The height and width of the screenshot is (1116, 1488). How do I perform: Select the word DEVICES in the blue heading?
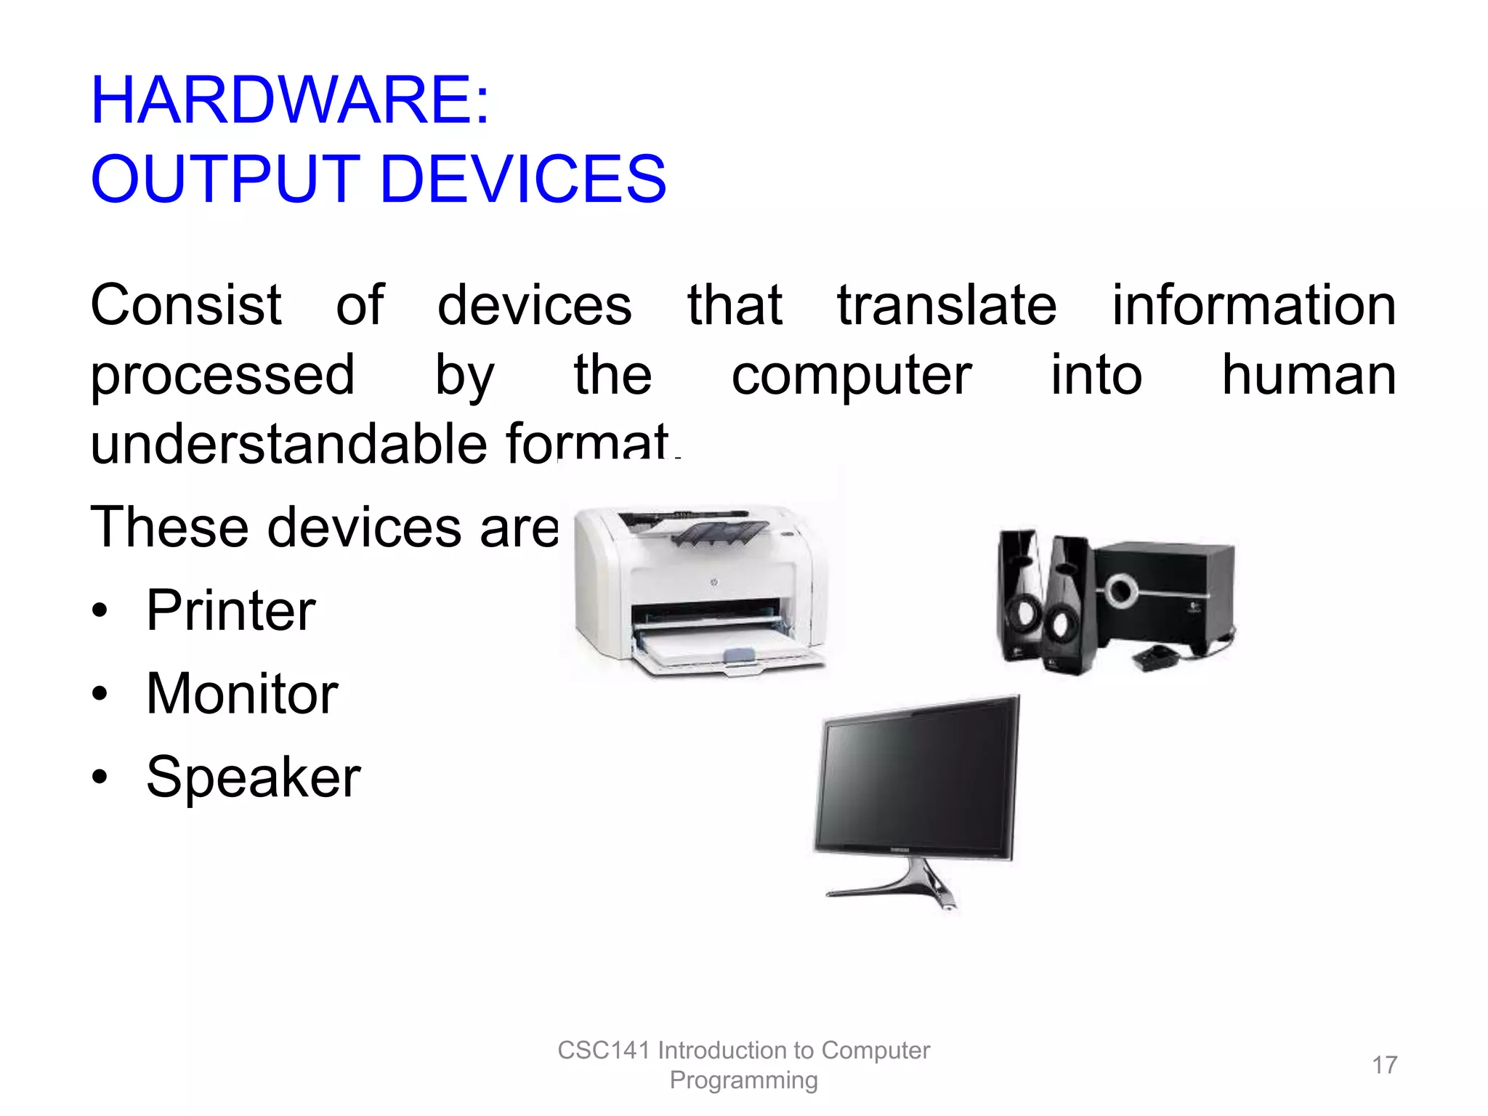coord(522,179)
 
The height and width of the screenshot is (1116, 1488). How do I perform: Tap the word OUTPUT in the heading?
coord(225,179)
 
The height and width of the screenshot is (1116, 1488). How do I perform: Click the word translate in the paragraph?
coord(947,305)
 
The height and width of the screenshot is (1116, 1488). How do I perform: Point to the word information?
coord(1254,305)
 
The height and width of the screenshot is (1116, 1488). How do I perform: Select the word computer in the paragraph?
coord(851,376)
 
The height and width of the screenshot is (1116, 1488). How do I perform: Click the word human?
coord(1309,376)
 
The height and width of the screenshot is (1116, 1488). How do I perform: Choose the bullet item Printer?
coord(230,610)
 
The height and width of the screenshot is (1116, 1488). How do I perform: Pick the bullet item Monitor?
coord(242,694)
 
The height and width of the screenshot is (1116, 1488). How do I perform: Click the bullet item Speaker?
coord(253,777)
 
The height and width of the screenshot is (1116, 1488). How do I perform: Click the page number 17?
coord(1384,1065)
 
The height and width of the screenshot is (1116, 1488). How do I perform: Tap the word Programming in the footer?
coord(743,1080)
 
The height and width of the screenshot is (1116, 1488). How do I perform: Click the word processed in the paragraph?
coord(222,376)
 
